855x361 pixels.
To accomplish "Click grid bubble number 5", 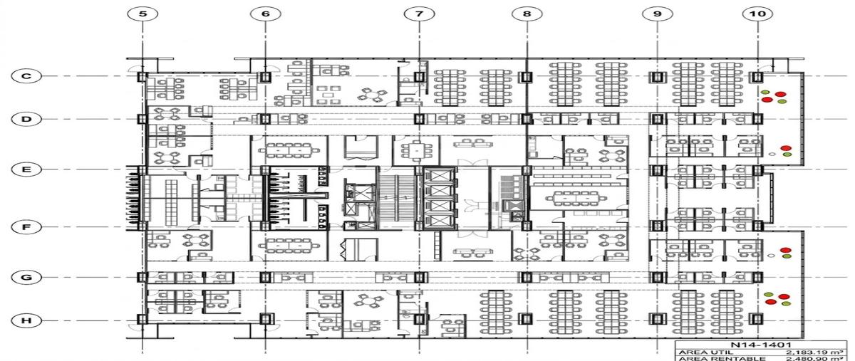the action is click(142, 14).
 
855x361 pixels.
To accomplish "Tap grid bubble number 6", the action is click(266, 14).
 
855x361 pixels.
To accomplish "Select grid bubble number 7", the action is click(420, 14).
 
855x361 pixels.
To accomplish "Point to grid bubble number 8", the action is click(527, 14).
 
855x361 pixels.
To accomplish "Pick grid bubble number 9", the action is click(657, 14).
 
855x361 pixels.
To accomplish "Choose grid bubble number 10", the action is click(757, 14).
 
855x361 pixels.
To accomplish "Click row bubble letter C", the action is click(26, 76).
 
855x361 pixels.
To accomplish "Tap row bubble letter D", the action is click(26, 119).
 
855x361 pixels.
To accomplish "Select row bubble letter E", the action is click(26, 169).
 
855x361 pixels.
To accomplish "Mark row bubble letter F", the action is click(26, 227).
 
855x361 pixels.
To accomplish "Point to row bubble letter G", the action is click(26, 278).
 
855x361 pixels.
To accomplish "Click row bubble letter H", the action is click(26, 320).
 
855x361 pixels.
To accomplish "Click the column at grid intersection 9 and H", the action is click(657, 319).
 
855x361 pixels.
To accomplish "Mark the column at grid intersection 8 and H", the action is click(526, 319).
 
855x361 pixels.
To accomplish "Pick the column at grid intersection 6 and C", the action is click(264, 77).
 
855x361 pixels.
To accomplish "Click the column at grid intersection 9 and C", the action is click(656, 77).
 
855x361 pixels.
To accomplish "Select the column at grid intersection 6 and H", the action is click(265, 319).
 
